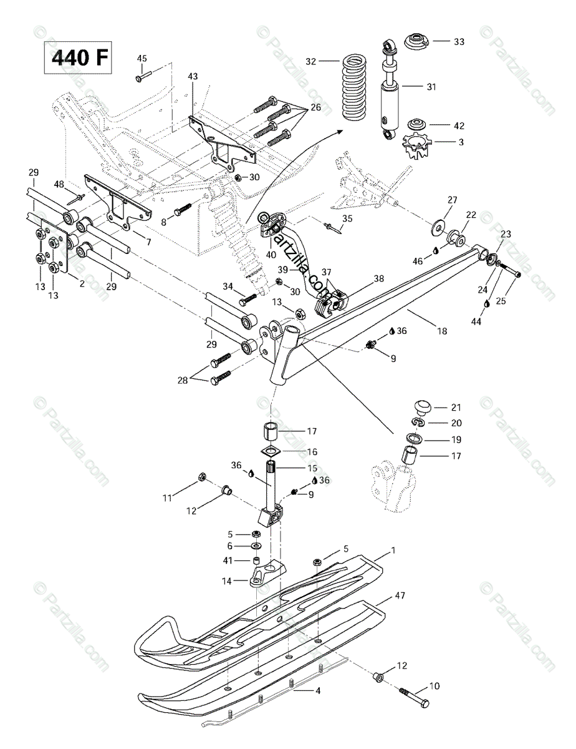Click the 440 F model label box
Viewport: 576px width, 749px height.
[79, 57]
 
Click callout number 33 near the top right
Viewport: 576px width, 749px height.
[459, 42]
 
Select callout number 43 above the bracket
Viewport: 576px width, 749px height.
[193, 76]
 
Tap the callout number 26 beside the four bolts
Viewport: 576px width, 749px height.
[315, 107]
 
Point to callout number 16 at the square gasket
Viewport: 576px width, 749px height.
[312, 451]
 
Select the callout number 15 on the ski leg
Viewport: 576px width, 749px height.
[312, 468]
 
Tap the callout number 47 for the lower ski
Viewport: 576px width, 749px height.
[400, 596]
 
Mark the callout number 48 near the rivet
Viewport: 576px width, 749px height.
[59, 184]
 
